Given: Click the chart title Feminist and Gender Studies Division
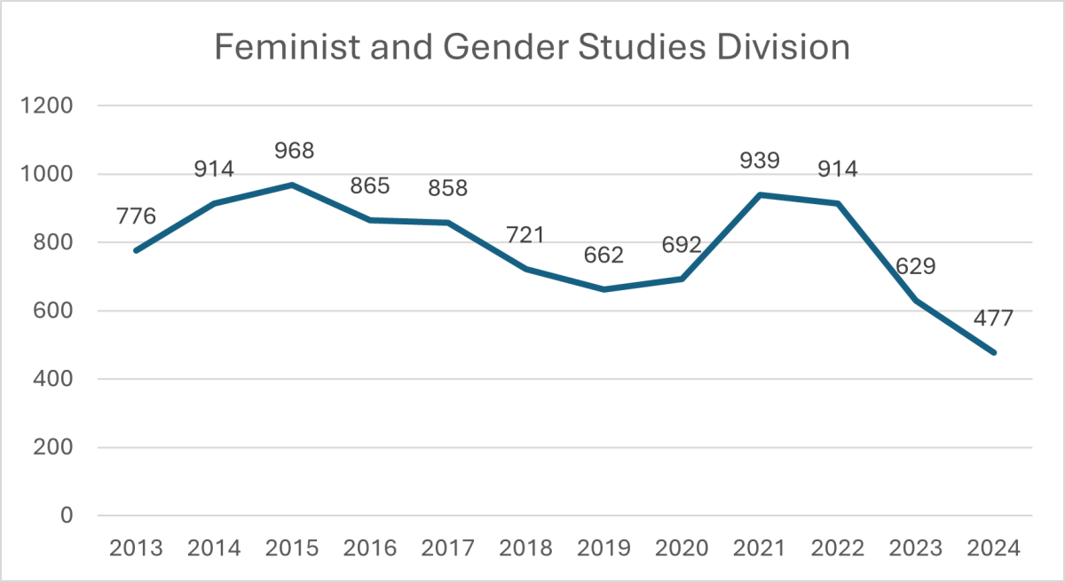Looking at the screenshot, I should pyautogui.click(x=532, y=46).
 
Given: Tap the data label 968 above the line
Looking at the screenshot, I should pyautogui.click(x=293, y=151).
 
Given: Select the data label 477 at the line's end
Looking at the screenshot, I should pyautogui.click(x=994, y=319).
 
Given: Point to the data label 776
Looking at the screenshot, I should pyautogui.click(x=136, y=216).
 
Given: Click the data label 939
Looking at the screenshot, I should pyautogui.click(x=761, y=161).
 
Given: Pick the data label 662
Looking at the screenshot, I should pyautogui.click(x=604, y=256).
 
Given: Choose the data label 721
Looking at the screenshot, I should pyautogui.click(x=526, y=235).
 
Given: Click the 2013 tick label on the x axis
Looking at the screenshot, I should pyautogui.click(x=136, y=547).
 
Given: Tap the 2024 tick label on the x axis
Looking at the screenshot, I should pyautogui.click(x=994, y=547).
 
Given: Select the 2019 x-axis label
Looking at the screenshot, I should pyautogui.click(x=604, y=547).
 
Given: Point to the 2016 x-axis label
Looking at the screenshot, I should pyautogui.click(x=370, y=547).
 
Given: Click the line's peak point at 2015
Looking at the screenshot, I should pyautogui.click(x=292, y=185).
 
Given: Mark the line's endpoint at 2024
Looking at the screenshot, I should pyautogui.click(x=994, y=352).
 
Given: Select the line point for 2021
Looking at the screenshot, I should pyautogui.click(x=761, y=194).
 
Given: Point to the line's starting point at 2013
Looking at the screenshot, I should pyautogui.click(x=136, y=250).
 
